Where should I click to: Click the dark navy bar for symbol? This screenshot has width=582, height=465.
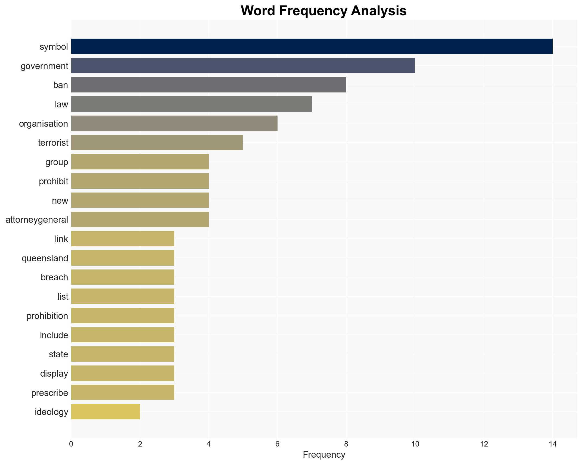point(312,46)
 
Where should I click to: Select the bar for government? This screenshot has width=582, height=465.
point(243,66)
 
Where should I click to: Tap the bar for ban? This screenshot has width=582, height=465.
point(208,85)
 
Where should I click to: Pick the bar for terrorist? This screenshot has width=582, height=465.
point(157,142)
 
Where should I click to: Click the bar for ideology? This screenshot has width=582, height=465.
point(105,412)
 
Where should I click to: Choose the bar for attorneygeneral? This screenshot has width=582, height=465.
point(140,219)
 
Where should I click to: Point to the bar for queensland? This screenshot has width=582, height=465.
point(123,258)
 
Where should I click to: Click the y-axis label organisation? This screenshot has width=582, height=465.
point(43,124)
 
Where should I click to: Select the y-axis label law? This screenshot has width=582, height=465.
point(61,104)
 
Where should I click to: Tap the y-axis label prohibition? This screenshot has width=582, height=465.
point(47,316)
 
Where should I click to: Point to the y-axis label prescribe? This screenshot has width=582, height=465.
point(49,393)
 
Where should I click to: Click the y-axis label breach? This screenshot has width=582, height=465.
point(54,277)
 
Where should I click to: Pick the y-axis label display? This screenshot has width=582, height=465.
point(54,374)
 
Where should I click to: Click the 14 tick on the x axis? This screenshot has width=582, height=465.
point(552,444)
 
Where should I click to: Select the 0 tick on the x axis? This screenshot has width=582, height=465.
point(71,444)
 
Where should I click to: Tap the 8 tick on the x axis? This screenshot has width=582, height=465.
point(346,444)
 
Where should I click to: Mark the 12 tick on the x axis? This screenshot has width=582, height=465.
point(484,444)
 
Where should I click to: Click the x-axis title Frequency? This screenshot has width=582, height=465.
point(324,455)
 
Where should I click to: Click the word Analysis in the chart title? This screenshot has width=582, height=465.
point(379,11)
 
